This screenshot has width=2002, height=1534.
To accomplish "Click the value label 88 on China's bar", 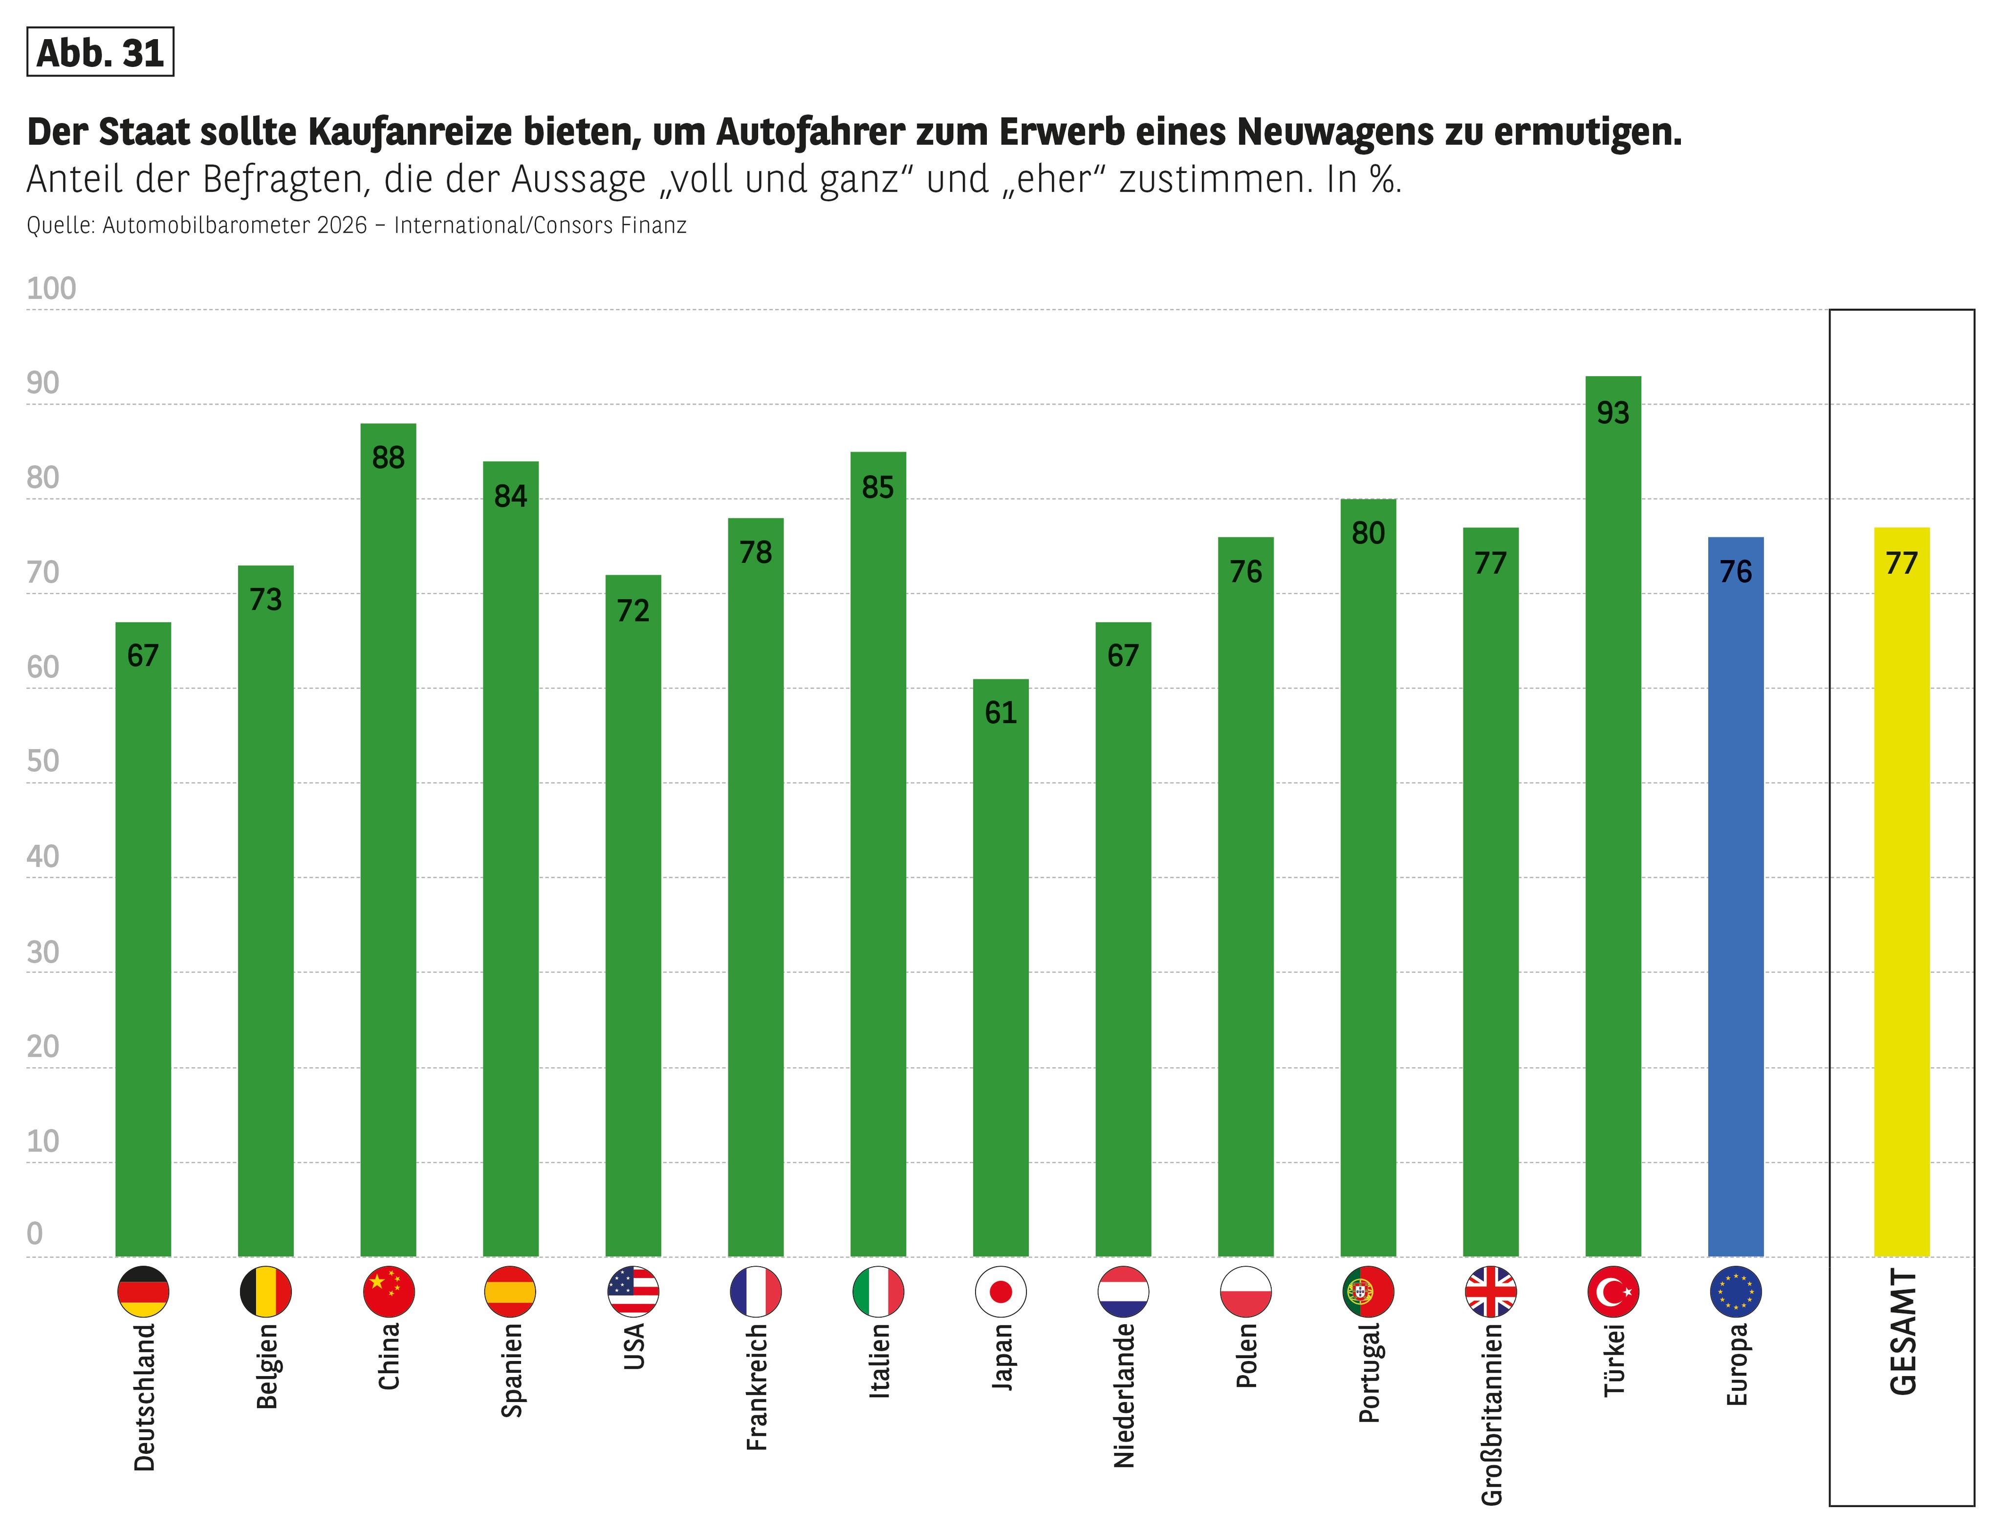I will point(388,457).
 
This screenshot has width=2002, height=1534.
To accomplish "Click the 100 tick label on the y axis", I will point(51,288).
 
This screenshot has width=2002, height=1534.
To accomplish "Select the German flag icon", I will point(143,1291).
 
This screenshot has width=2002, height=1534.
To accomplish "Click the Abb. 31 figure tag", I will point(101,53).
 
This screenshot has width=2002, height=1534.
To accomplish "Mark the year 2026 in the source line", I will point(342,226).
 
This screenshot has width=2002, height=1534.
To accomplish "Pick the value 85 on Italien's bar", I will point(878,488).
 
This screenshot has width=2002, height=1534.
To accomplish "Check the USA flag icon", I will point(633,1291).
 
